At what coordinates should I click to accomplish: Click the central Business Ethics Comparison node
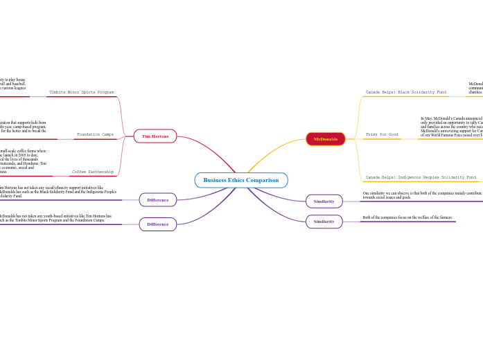(x=241, y=180)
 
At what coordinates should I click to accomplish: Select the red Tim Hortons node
(x=155, y=136)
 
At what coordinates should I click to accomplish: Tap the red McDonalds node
(x=325, y=139)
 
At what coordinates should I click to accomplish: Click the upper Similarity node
(x=324, y=201)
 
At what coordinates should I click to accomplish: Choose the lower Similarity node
(x=324, y=222)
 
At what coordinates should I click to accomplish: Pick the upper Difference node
(x=157, y=200)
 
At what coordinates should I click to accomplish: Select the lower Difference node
(x=157, y=224)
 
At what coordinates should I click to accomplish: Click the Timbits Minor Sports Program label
(x=81, y=92)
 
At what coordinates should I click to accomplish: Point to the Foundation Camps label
(x=95, y=134)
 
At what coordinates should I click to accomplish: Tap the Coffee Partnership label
(x=93, y=172)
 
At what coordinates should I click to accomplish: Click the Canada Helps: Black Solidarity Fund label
(x=406, y=92)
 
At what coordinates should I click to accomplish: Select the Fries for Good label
(x=382, y=134)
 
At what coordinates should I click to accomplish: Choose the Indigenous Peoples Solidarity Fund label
(x=421, y=178)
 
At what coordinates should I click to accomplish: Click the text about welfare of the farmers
(x=407, y=218)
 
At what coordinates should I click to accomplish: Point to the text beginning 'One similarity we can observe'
(x=422, y=195)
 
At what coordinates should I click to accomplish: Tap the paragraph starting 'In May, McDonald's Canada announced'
(x=451, y=127)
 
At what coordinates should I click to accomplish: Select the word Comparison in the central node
(x=263, y=180)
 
